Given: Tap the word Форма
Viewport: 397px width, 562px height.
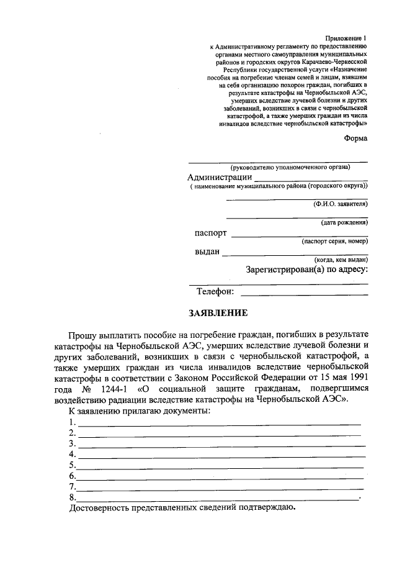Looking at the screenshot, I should coord(355,138).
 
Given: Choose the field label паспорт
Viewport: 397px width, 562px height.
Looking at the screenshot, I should coord(210,233).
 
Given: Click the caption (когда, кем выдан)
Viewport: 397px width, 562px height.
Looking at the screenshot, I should coord(341,259).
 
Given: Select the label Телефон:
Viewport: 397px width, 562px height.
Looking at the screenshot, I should coord(215,291).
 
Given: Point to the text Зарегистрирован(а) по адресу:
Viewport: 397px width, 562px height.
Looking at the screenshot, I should coord(306,270).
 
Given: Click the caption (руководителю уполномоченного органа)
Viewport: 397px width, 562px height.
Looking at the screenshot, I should coord(290,167).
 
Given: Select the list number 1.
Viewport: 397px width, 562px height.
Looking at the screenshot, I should coord(73,422).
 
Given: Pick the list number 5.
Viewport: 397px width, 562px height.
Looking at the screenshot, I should coord(73,465).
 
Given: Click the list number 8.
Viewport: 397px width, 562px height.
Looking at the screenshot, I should coord(73,497).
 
